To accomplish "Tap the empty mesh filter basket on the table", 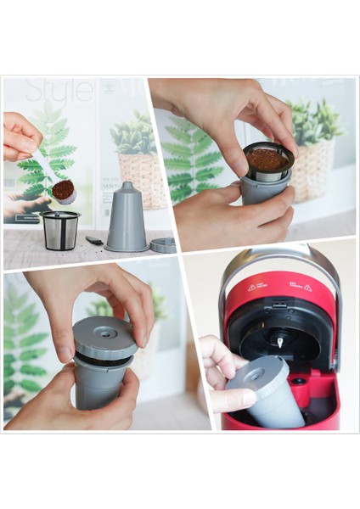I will click(60, 230).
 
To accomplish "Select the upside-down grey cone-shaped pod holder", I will click(125, 217).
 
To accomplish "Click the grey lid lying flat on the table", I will click(163, 244).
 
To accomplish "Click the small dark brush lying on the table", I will click(93, 241).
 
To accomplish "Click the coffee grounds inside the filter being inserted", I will click(267, 159).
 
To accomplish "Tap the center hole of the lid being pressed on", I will click(105, 333).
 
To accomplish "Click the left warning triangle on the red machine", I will click(251, 287).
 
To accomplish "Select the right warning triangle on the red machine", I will click(307, 287).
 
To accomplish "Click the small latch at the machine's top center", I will click(280, 305).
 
